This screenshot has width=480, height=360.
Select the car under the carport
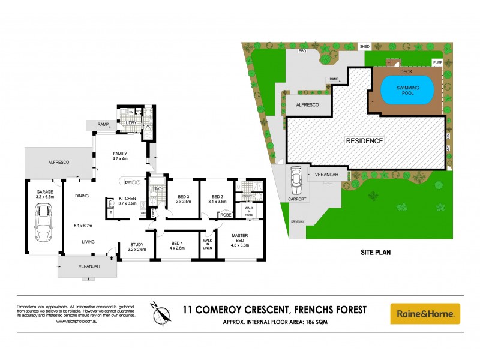pos(295,178)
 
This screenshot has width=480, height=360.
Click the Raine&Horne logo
pos(425,314)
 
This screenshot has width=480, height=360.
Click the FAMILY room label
pos(121,154)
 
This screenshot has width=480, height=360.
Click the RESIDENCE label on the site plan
pos(364,140)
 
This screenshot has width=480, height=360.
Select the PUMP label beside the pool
pos(437,62)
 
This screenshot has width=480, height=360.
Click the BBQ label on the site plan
pos(302,52)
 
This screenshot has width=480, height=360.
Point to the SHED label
pos(364,46)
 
